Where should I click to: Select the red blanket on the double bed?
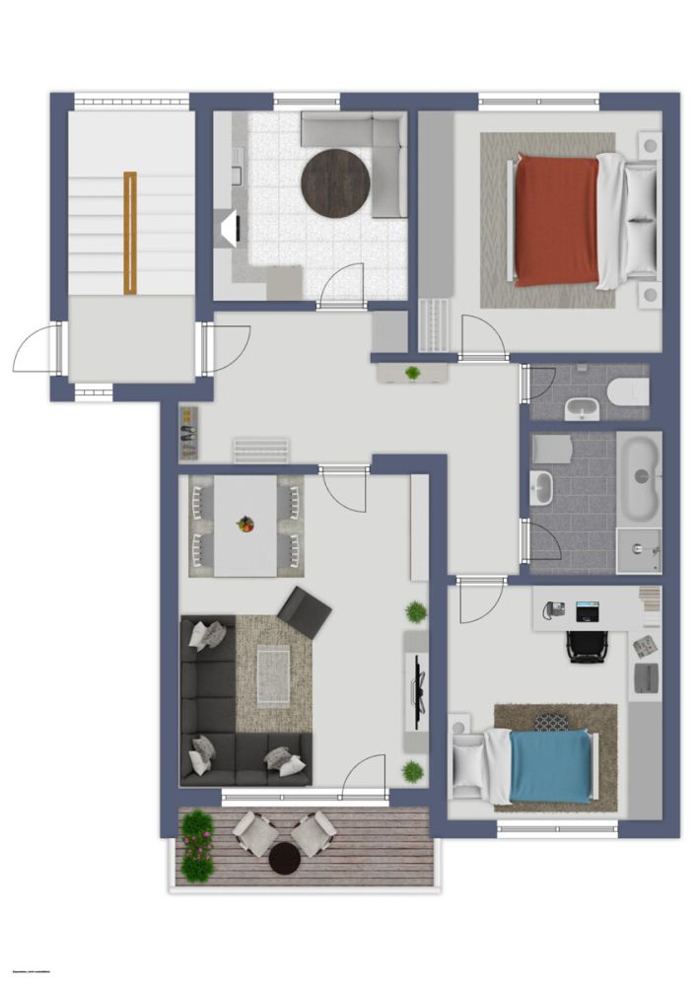556,220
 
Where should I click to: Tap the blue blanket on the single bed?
551,766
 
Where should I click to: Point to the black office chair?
588,645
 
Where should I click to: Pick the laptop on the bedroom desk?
588,610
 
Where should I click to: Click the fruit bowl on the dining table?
245,524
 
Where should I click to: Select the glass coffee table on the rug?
273,676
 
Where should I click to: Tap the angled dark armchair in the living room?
305,612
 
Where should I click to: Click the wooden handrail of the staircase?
130,233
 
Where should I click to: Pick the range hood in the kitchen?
228,229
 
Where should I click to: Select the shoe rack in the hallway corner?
188,433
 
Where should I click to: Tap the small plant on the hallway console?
412,373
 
